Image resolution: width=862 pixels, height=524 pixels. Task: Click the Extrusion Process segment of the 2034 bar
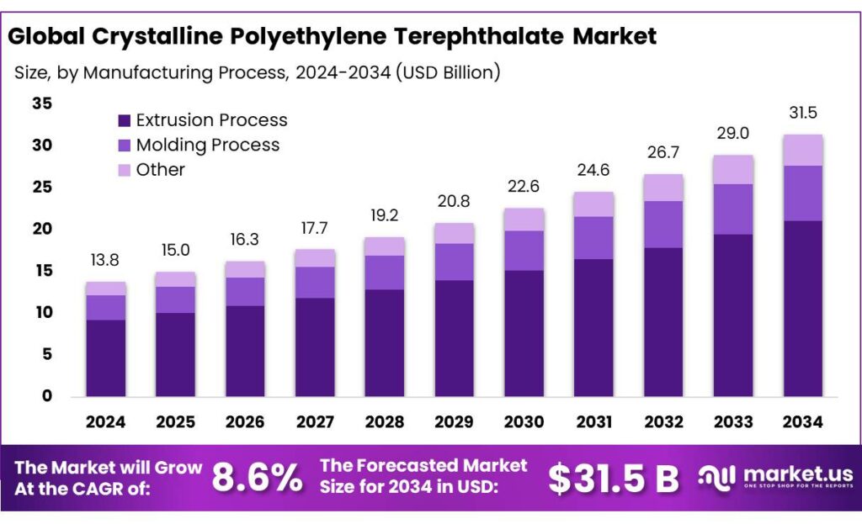click(x=803, y=308)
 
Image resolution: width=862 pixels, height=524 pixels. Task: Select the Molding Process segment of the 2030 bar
click(x=524, y=250)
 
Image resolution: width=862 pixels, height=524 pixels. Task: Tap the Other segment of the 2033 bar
click(x=733, y=169)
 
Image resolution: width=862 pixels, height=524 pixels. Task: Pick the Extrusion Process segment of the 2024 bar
click(x=106, y=357)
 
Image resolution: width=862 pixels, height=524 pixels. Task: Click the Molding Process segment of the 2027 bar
click(x=315, y=282)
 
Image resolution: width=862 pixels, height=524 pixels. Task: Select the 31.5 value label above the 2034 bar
click(x=803, y=113)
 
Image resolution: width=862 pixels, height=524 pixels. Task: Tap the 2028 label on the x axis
click(x=385, y=421)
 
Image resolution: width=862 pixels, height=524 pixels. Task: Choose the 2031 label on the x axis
click(x=593, y=421)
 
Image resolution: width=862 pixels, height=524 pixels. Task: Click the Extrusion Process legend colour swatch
click(x=125, y=120)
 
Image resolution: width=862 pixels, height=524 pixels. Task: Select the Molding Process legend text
click(x=207, y=145)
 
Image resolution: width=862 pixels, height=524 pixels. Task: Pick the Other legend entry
click(x=160, y=169)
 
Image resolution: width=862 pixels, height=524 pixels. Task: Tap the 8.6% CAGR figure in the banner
click(x=257, y=479)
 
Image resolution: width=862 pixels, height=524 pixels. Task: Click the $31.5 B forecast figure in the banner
click(x=613, y=479)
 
